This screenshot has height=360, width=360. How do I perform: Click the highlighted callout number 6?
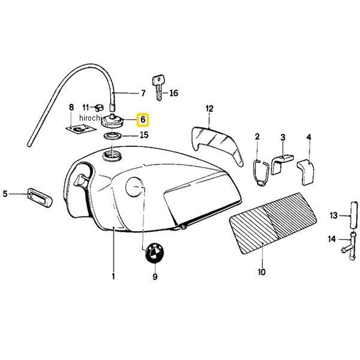tap(143, 119)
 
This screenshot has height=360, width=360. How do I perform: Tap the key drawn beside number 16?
tap(158, 88)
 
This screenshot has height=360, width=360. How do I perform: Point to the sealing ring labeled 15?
tap(112, 136)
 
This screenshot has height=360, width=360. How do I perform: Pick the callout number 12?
tap(209, 109)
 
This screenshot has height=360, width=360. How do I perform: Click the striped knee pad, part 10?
tap(273, 222)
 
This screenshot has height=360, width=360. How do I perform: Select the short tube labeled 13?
tap(354, 214)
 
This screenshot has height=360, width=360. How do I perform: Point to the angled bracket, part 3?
tap(281, 164)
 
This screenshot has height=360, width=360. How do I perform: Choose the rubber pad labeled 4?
tap(305, 172)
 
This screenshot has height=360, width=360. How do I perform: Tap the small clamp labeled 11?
tap(99, 107)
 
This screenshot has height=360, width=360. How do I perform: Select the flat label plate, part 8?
tap(79, 128)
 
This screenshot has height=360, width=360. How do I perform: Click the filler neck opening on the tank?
tap(112, 155)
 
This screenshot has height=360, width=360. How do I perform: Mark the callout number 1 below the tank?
tap(113, 276)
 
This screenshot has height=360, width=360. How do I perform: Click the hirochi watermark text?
tap(90, 118)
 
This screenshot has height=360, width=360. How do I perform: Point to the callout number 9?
tap(155, 277)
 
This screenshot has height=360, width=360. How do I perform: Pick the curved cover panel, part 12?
tap(216, 141)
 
